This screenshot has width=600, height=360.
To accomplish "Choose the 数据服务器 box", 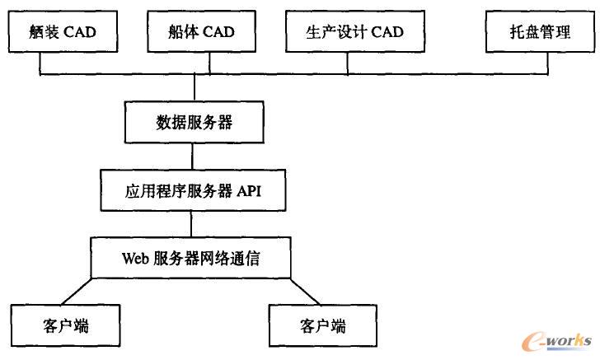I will (194, 124).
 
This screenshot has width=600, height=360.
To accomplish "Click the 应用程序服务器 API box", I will (194, 191).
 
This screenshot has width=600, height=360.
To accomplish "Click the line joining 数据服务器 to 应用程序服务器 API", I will (194, 157).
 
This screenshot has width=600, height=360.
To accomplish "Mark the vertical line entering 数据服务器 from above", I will (194, 88).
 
